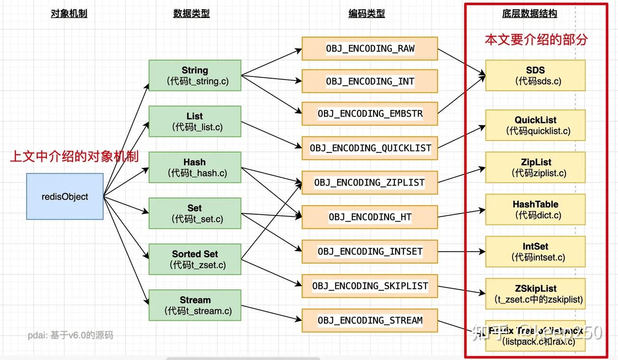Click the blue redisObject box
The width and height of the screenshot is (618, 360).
point(65,197)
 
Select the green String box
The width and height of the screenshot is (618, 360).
point(195,76)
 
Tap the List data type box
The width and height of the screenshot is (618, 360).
point(195,121)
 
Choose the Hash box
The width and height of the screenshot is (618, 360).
point(195,167)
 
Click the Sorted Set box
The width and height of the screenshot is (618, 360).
point(195,259)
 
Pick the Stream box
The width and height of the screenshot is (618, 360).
point(195,305)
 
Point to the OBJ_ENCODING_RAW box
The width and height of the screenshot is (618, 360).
point(370,49)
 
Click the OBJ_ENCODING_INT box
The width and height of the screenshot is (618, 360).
point(370,81)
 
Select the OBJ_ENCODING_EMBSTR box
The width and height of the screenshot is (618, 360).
point(370,114)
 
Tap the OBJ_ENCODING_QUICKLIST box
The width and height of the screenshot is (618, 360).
point(370,148)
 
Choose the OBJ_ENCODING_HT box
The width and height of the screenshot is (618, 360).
point(370,217)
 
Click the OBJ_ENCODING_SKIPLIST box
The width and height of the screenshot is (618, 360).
point(370,286)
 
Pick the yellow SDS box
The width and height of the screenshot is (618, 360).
point(535,76)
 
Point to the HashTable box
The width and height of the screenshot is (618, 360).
point(535,210)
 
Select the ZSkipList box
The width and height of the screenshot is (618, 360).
point(535,294)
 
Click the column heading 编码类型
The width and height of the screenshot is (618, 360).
point(366,14)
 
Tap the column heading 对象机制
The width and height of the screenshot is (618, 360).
point(69,14)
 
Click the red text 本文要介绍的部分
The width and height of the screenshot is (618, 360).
point(536,40)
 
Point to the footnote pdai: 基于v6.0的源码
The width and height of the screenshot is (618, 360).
point(71,335)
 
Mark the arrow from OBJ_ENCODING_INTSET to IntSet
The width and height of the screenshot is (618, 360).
point(461,252)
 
